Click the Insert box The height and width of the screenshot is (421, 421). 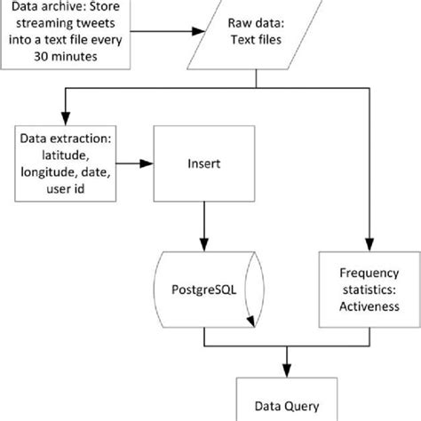(x=205, y=163)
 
